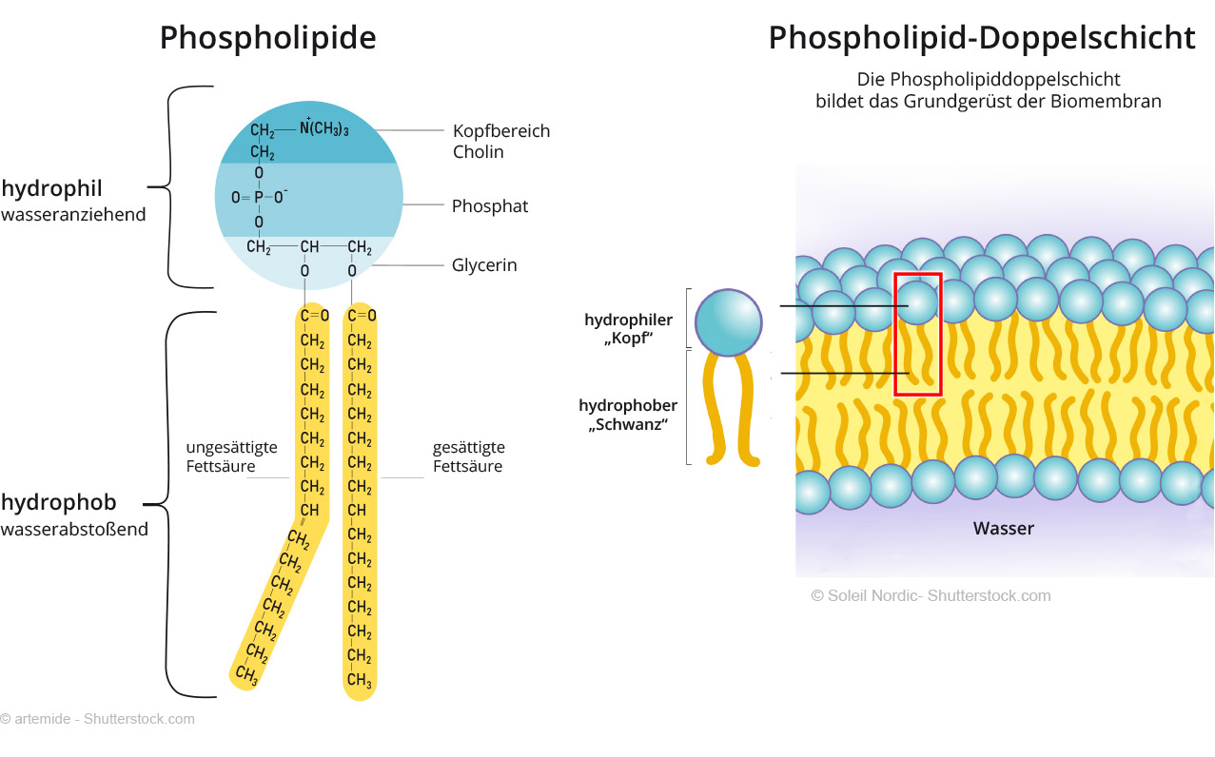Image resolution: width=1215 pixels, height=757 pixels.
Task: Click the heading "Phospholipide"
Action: coord(267,38)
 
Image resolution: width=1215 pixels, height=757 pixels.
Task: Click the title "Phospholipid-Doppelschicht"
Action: coord(981,38)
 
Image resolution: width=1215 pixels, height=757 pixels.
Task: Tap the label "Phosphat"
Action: coord(489,206)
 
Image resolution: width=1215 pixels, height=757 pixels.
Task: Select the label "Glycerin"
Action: coord(484,265)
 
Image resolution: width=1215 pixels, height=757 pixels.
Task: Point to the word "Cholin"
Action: coord(478,152)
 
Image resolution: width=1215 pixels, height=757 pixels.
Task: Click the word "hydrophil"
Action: coord(51,187)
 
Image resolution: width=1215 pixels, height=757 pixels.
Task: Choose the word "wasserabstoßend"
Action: coord(74,529)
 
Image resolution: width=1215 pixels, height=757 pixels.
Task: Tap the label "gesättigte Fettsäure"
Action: coord(468,456)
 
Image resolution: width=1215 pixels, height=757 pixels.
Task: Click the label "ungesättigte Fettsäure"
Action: coord(231,456)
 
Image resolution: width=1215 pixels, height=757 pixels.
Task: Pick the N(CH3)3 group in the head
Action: coord(323,128)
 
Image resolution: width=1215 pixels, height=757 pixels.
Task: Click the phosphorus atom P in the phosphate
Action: coord(258,198)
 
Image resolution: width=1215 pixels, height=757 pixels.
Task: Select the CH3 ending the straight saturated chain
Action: coord(359,680)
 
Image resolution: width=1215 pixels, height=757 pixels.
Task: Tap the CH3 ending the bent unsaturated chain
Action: coord(245,675)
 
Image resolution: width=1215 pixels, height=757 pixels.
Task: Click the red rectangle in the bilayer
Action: coord(917,334)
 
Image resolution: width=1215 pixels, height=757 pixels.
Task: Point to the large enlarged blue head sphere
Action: coord(728,321)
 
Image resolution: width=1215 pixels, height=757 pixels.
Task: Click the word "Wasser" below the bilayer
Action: coord(1003,528)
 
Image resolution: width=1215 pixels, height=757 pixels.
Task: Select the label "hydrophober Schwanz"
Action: coord(628,416)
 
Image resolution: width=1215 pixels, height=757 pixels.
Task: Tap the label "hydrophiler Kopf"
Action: coord(628,329)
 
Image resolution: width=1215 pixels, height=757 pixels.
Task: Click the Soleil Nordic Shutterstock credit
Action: coord(930,595)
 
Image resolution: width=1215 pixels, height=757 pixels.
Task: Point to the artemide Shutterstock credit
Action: coord(97,719)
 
